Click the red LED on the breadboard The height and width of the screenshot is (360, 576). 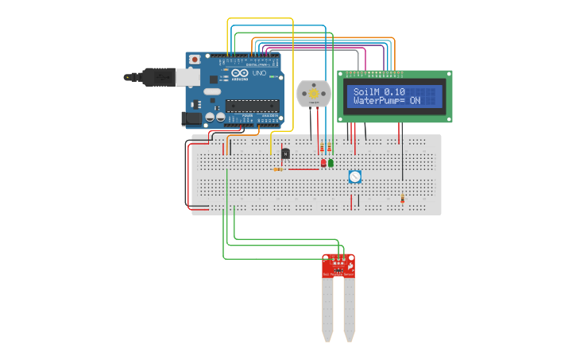pyautogui.click(x=323, y=163)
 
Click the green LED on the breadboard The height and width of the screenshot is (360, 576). pyautogui.click(x=331, y=163)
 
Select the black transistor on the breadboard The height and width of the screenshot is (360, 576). pyautogui.click(x=285, y=153)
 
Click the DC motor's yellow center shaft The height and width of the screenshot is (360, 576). pyautogui.click(x=313, y=94)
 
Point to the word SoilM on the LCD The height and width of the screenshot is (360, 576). pyautogui.click(x=366, y=91)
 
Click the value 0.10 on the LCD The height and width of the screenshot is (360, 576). pyautogui.click(x=395, y=91)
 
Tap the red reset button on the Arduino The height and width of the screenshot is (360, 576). pyautogui.click(x=195, y=60)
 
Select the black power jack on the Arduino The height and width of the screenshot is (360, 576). pyautogui.click(x=191, y=118)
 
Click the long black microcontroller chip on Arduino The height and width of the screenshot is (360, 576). pyautogui.click(x=252, y=105)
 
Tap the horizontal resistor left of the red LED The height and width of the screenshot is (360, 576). pyautogui.click(x=278, y=168)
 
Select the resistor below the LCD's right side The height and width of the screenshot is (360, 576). pyautogui.click(x=402, y=198)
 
